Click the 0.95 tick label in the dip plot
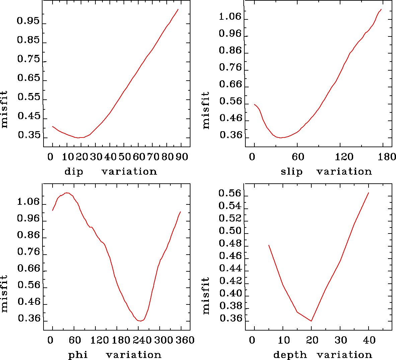point(28,21)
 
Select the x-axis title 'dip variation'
point(110,172)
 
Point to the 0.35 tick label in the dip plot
point(28,135)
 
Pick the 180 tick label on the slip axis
point(388,157)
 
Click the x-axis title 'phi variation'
point(114,355)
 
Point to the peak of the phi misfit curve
point(67,193)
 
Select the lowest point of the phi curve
point(140,321)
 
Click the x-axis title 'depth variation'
point(322,355)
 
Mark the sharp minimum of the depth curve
point(311,321)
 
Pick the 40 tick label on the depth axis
point(369,340)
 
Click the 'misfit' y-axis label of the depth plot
point(206,295)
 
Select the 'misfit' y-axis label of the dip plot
point(4,109)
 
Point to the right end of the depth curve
point(369,193)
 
